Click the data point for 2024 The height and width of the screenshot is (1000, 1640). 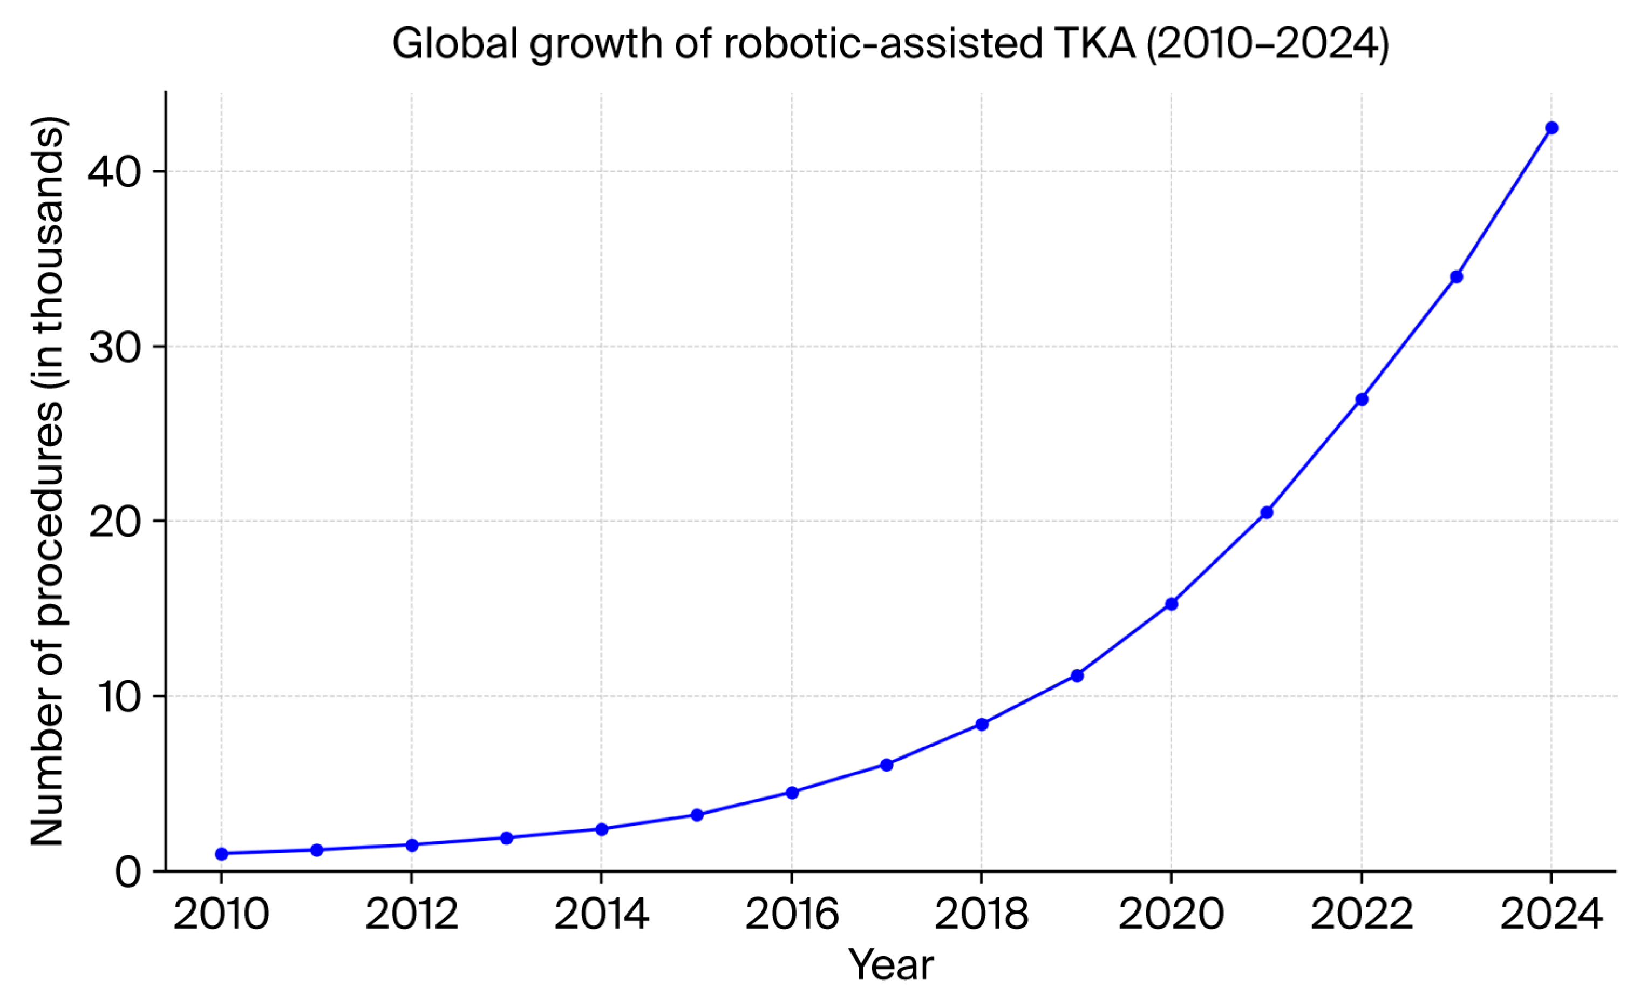click(x=1551, y=128)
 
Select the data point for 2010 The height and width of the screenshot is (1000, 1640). click(x=222, y=854)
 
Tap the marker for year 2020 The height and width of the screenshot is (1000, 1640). click(x=1172, y=604)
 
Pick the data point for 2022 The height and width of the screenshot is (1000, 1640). click(x=1362, y=400)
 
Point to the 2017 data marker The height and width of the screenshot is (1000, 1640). click(x=887, y=765)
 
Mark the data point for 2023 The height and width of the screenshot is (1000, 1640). click(x=1457, y=277)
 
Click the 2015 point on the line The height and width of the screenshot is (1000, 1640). click(x=697, y=815)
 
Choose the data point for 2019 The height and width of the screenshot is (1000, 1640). click(x=1077, y=676)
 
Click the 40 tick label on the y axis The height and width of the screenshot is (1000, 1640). click(x=114, y=172)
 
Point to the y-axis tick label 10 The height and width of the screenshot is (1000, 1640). click(x=114, y=697)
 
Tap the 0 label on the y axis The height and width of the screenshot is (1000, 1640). click(x=128, y=872)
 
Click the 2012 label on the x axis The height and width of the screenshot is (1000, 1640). click(x=411, y=915)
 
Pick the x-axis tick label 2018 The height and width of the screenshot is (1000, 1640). click(x=981, y=915)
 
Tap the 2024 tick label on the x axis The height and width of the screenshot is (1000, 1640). click(x=1551, y=915)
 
